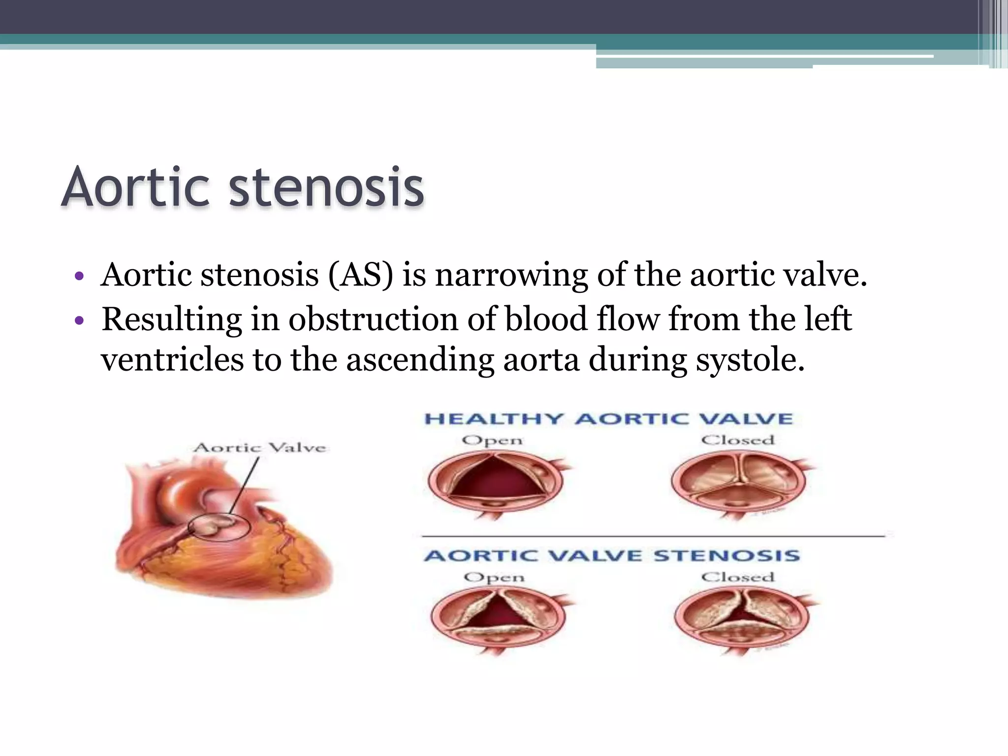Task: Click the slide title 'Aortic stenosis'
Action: pos(242,188)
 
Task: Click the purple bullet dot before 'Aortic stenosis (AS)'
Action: pos(79,277)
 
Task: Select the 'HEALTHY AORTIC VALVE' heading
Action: pos(608,419)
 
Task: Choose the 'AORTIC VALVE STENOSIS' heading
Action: pos(612,556)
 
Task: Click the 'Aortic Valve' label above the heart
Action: pos(260,447)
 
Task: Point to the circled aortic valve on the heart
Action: pos(220,527)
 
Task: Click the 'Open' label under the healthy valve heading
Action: pos(492,441)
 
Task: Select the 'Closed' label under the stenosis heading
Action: pos(737,577)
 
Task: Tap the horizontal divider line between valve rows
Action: pos(653,535)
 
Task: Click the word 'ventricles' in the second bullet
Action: pos(172,360)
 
